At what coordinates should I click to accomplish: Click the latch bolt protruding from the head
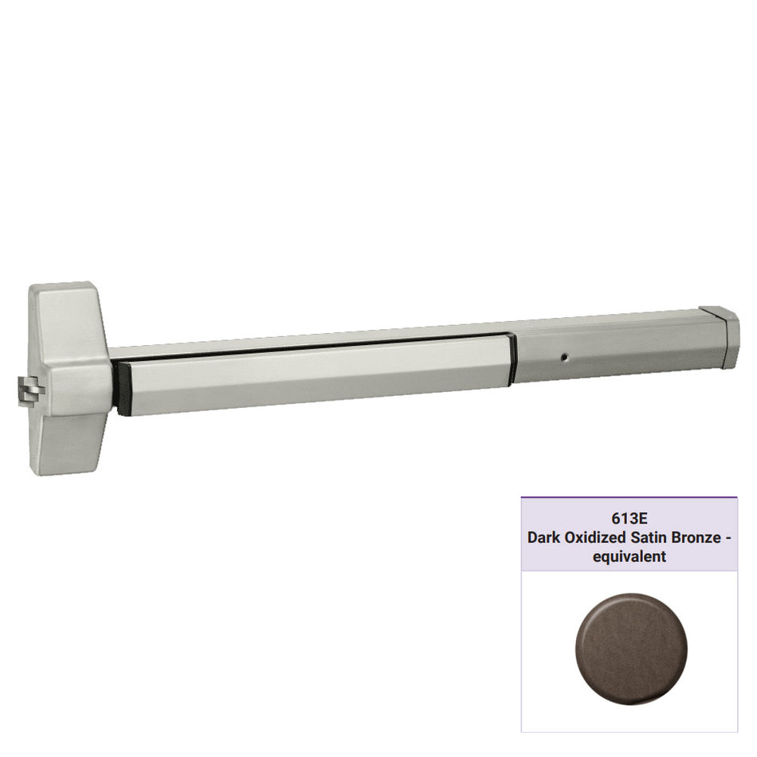(x=27, y=391)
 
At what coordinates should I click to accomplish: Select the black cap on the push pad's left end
(x=121, y=387)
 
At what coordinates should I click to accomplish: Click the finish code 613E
(x=629, y=519)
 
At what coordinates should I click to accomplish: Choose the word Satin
(x=650, y=538)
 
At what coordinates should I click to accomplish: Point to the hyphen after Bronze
(x=729, y=538)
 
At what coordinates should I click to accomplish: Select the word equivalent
(x=629, y=557)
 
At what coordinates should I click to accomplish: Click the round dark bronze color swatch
(x=630, y=637)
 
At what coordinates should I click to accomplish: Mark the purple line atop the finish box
(x=629, y=498)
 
